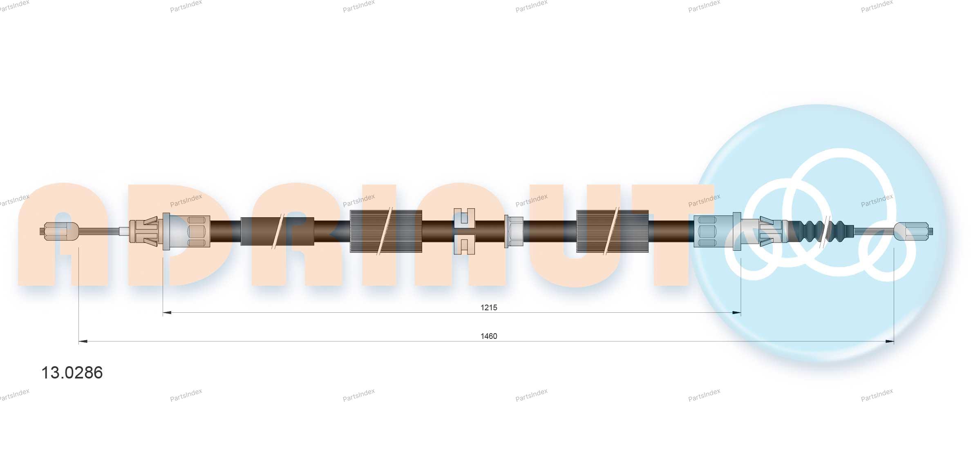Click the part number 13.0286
pos(72,373)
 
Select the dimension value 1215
pos(489,307)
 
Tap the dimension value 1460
pos(489,336)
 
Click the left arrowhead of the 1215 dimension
pos(167,313)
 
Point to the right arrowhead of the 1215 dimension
pos(736,313)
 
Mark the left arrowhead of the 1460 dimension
pos(83,341)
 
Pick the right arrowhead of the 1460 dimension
pos(890,341)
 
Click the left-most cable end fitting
pos(59,231)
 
